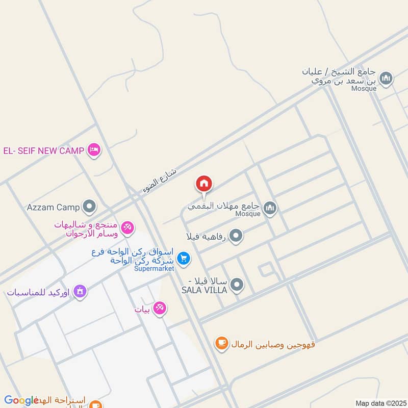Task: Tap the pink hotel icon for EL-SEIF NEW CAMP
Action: (x=94, y=150)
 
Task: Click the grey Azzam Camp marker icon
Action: (x=90, y=207)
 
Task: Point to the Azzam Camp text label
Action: (x=53, y=208)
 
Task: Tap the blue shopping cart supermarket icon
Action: (x=184, y=259)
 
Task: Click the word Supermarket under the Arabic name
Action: (x=154, y=269)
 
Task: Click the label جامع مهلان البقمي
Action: (x=223, y=207)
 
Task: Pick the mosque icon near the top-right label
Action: (x=386, y=78)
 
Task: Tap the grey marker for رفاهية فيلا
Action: (x=236, y=236)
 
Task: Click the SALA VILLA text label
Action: (x=204, y=290)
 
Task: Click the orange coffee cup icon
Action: (x=221, y=344)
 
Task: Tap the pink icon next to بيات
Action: (x=160, y=309)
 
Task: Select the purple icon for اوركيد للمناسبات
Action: (x=80, y=292)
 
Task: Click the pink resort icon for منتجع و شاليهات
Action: (x=127, y=228)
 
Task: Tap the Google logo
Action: (x=21, y=400)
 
